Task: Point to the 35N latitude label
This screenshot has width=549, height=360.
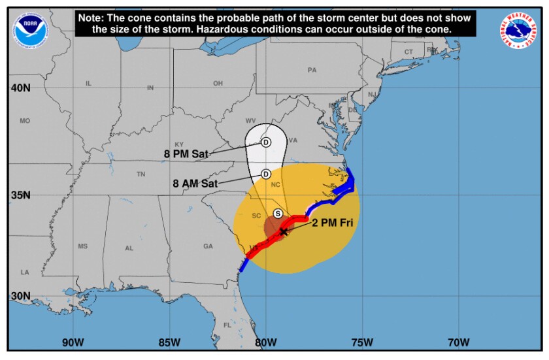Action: (20, 195)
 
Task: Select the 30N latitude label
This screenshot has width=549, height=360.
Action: (20, 296)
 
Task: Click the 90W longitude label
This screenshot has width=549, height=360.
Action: (73, 342)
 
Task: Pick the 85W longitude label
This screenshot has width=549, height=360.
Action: (169, 342)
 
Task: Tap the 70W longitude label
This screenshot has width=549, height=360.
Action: (459, 342)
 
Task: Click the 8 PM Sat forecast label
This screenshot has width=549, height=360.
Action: (186, 154)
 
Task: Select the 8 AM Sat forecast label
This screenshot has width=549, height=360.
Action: (195, 184)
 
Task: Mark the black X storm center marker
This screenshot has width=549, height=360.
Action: (283, 232)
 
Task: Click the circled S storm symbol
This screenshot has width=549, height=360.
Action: (278, 214)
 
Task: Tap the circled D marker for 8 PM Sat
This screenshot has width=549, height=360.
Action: (266, 142)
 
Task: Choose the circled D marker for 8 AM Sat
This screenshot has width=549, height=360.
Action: (266, 174)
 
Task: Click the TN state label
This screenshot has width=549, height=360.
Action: (141, 174)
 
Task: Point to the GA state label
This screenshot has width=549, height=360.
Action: (208, 246)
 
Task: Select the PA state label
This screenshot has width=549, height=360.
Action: (312, 70)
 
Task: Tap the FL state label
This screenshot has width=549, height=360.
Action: (227, 325)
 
